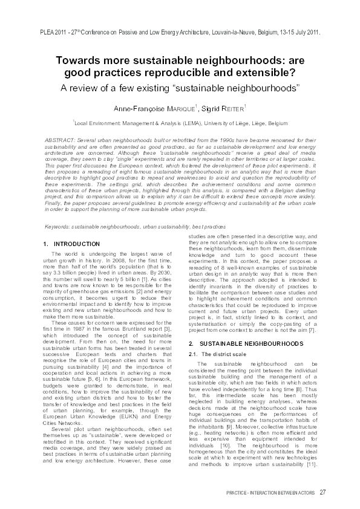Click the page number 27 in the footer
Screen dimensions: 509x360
pyautogui.click(x=322, y=491)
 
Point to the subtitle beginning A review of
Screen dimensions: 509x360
pyautogui.click(x=180, y=86)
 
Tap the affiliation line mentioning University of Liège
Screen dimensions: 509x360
pyautogui.click(x=180, y=122)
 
